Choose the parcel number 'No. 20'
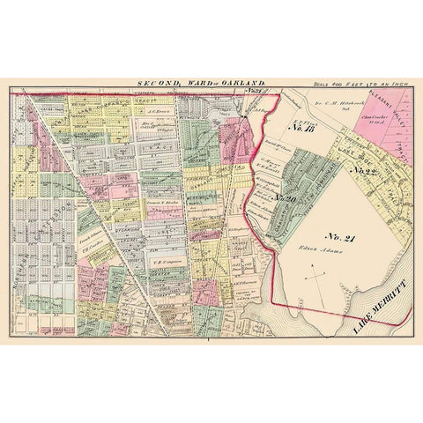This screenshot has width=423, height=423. (286, 199)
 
